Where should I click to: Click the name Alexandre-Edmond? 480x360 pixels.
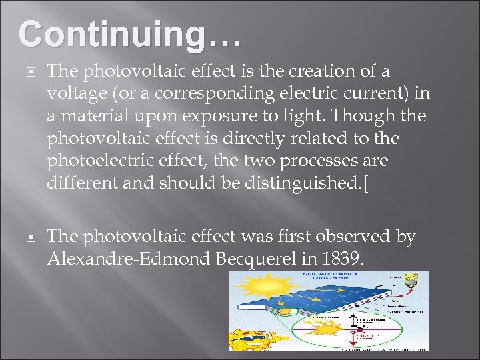tap(129, 259)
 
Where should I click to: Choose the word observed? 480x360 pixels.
tap(357, 237)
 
